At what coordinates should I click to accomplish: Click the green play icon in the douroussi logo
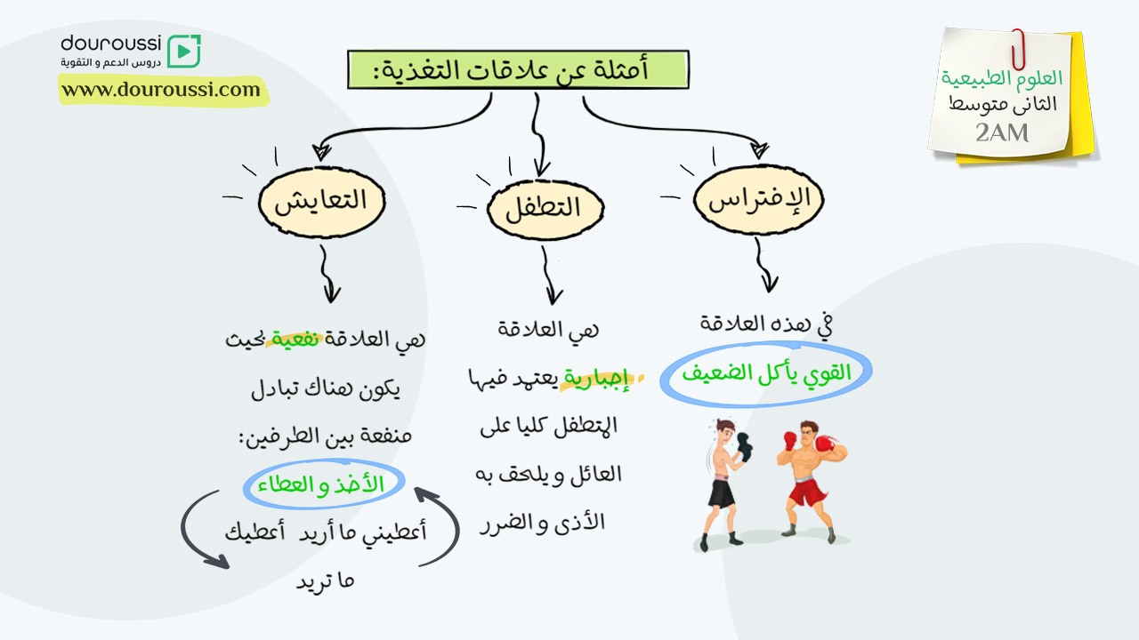coord(184,51)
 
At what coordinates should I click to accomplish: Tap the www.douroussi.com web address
coord(161,90)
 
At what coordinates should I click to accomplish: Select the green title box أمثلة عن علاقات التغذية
coord(518,69)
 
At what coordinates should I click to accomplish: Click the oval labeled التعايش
coord(321,202)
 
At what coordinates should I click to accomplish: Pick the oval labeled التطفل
coord(545,209)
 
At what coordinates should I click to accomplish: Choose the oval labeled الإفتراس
coord(759,200)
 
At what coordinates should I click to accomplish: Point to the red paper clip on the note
coord(1018,49)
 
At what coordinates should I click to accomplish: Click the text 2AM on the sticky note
coord(1002,133)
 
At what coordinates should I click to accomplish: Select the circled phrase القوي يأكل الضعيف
coord(766,374)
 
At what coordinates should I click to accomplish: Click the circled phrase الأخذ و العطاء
coord(323,484)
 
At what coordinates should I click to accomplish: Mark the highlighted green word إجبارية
coord(596,379)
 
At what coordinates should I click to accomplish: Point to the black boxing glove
coord(745,447)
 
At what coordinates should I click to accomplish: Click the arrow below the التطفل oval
coord(549,276)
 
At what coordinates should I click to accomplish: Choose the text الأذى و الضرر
coord(542,524)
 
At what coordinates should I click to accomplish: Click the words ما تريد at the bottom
coord(326,580)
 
